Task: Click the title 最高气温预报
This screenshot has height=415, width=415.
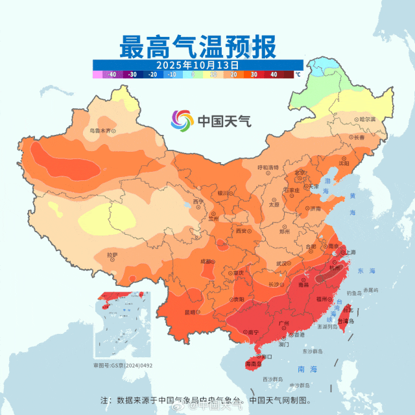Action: tap(198, 47)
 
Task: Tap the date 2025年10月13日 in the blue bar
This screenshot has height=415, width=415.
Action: tap(198, 65)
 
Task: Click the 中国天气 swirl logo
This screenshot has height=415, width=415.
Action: tap(182, 121)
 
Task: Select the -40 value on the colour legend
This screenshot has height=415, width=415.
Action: tap(111, 75)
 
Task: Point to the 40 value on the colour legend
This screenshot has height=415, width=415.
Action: tap(274, 75)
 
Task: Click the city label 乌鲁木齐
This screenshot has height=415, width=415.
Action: tap(100, 130)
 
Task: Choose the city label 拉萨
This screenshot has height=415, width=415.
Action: tap(112, 255)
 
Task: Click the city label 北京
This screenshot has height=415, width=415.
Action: tap(299, 173)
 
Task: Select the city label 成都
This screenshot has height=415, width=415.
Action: tap(206, 261)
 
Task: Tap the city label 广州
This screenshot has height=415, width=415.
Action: tap(283, 323)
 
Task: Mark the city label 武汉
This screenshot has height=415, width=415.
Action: tap(282, 263)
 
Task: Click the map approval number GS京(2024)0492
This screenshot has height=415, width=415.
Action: tap(123, 366)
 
